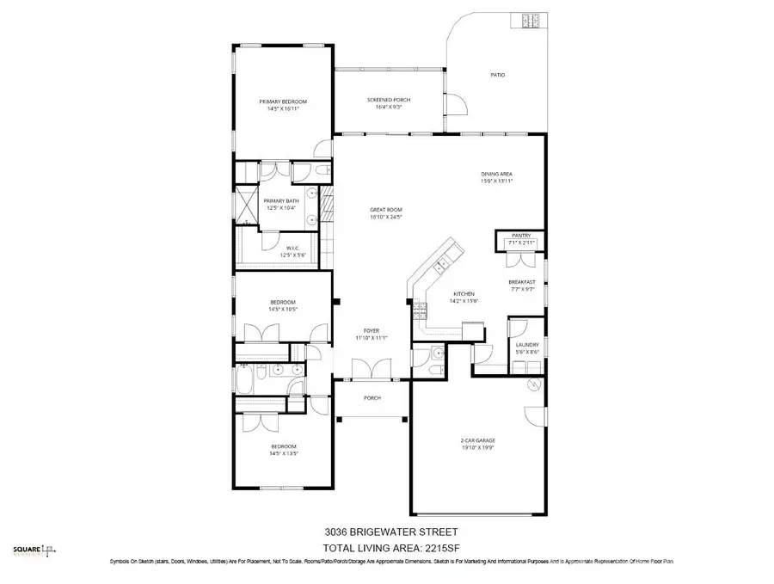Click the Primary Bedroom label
point(283,101)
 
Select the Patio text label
point(497,75)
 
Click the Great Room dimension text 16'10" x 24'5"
point(386,217)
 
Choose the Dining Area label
point(496,175)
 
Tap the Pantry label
point(521,235)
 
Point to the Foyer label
point(372,330)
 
